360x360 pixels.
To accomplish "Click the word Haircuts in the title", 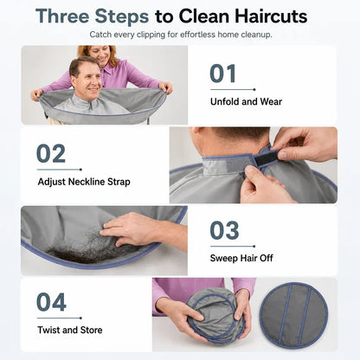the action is point(271,16).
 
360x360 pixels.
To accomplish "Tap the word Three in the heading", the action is point(63,16).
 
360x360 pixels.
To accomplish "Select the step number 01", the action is point(223,74).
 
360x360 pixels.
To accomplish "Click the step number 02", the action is point(51,153).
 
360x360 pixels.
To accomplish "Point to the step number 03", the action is point(224,230).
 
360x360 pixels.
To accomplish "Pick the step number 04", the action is point(51,302).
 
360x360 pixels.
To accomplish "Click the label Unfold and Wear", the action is point(246,101).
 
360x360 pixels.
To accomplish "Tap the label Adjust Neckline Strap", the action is point(84,182).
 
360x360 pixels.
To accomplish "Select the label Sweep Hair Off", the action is point(241,258).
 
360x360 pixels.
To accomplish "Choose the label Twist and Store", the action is point(70,330).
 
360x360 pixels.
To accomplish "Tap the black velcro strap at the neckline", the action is point(265,159).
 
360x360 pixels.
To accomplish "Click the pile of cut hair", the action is point(87,245).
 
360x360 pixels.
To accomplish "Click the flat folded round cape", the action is point(294,314).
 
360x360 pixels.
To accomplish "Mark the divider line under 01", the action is point(233,89).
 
